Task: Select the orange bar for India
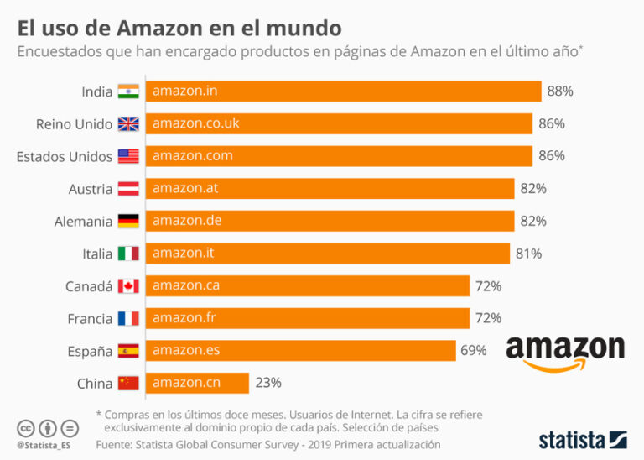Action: click(x=343, y=91)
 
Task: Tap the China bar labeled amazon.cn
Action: click(x=197, y=383)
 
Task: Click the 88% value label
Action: click(x=559, y=91)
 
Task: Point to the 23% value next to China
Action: click(x=268, y=383)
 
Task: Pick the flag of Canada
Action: click(x=128, y=286)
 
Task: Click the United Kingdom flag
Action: click(x=128, y=124)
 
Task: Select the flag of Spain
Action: click(x=128, y=351)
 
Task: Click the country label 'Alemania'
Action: click(x=84, y=222)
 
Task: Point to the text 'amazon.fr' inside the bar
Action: click(x=179, y=318)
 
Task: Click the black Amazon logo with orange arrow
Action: click(x=565, y=352)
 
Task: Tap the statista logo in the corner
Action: click(x=582, y=439)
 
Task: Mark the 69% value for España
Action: click(x=473, y=351)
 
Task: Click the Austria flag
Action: click(x=128, y=189)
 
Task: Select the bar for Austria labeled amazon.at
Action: click(x=330, y=189)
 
